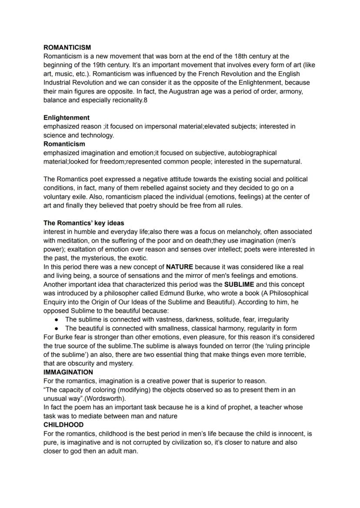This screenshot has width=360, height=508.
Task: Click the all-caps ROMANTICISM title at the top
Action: [67, 47]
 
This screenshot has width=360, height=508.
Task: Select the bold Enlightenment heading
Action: [67, 118]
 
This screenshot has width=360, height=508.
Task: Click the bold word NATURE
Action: [180, 267]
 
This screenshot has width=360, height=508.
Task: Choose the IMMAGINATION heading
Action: [68, 372]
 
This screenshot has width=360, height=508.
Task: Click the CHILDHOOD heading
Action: [63, 425]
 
